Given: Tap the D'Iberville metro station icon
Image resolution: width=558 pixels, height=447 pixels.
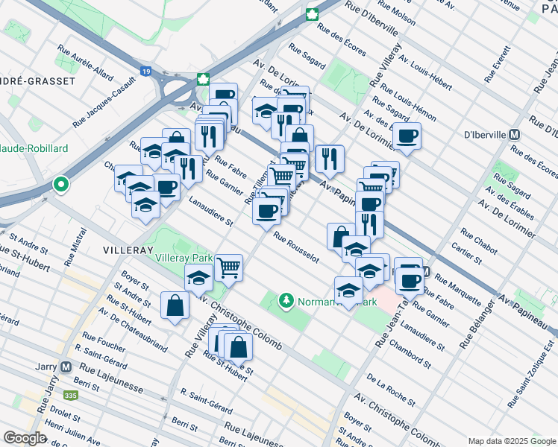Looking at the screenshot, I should (x=513, y=135).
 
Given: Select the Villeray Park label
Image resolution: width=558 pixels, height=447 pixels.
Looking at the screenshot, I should (x=184, y=258).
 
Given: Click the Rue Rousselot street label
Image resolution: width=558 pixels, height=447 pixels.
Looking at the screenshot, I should (x=296, y=247).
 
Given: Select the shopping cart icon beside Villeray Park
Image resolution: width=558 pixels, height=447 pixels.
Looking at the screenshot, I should (x=229, y=267).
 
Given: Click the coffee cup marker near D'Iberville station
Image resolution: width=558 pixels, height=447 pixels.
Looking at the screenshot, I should (x=407, y=136).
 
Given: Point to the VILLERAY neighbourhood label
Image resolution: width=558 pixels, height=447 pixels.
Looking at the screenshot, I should (x=119, y=243).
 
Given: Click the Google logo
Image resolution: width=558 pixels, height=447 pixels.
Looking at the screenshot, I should (x=25, y=438).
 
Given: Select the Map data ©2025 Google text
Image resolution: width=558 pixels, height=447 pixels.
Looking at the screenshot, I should (x=511, y=441).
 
